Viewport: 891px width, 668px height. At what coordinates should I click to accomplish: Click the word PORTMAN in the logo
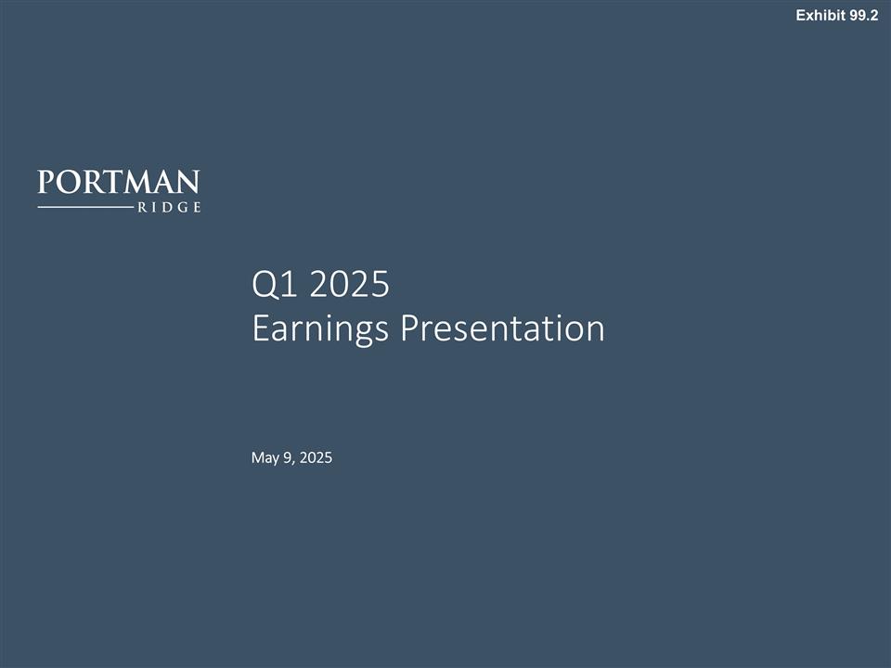click(119, 181)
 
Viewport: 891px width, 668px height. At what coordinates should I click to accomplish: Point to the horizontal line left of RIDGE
click(84, 208)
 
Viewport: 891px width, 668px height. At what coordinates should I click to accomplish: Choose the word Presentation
click(502, 328)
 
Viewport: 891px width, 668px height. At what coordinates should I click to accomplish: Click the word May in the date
click(265, 457)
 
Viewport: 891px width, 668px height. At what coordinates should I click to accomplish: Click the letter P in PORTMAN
click(46, 181)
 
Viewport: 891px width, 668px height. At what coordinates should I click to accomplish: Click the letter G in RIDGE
click(182, 208)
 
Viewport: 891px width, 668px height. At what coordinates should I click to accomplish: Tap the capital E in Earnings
click(261, 328)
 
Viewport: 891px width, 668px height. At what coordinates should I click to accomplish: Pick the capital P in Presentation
click(408, 328)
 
